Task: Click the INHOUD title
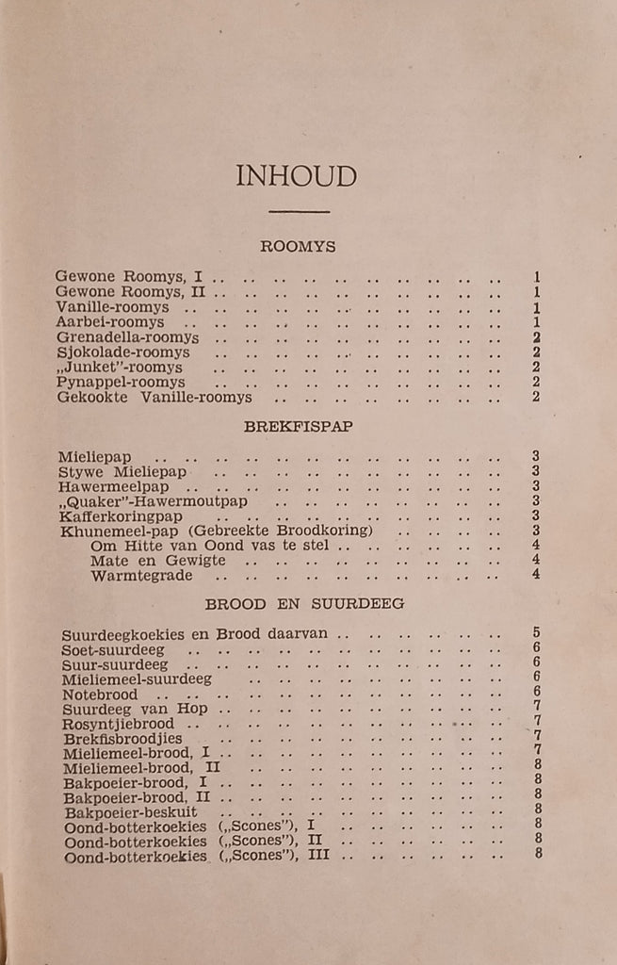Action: click(x=297, y=176)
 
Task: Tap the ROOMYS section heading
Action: click(x=298, y=247)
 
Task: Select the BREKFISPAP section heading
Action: click(x=298, y=426)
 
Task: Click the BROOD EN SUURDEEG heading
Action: click(x=304, y=603)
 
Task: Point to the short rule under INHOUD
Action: click(x=299, y=212)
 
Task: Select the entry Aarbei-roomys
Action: click(x=109, y=322)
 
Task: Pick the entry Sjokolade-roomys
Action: click(x=122, y=352)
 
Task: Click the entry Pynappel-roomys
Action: click(x=120, y=383)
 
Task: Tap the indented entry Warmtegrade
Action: click(x=141, y=575)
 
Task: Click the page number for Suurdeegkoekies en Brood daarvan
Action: click(x=537, y=633)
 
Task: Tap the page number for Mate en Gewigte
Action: click(x=535, y=560)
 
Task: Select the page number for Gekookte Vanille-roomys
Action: click(x=535, y=397)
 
